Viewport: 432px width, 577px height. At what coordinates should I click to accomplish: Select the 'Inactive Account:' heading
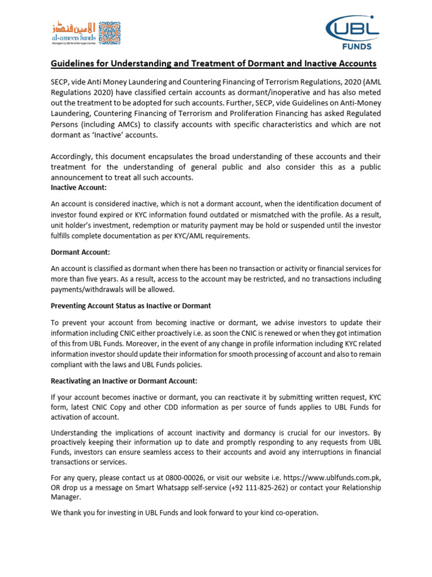tap(79, 187)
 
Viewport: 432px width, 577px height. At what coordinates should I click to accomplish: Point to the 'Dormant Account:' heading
tap(80, 252)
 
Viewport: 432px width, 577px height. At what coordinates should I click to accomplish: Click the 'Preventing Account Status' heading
tap(131, 305)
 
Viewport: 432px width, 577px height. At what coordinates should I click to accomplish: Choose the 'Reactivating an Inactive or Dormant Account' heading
tap(124, 381)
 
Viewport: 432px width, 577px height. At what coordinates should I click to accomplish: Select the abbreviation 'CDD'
tap(188, 407)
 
